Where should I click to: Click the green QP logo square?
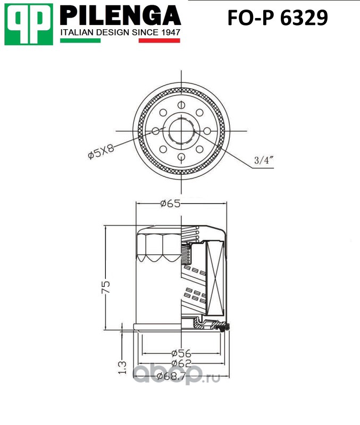click(29, 24)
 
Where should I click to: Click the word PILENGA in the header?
click(120, 16)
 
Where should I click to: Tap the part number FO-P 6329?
click(278, 19)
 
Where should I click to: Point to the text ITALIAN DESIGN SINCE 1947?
click(121, 32)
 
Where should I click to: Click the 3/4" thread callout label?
click(263, 160)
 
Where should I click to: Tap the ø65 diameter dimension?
click(170, 203)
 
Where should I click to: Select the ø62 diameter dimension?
click(181, 364)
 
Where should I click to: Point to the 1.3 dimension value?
click(121, 367)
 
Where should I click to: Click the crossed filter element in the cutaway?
click(215, 279)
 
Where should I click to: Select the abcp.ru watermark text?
click(175, 376)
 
